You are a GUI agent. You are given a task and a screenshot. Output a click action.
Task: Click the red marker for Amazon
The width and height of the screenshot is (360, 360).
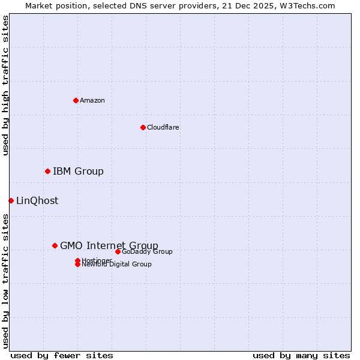coord(76,100)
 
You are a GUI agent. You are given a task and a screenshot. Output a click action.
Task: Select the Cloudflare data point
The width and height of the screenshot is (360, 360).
coord(143,127)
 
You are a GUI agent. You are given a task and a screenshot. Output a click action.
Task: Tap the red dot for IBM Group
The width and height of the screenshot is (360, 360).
coord(47,172)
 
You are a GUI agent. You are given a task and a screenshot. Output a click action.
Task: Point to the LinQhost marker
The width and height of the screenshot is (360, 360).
coord(11,200)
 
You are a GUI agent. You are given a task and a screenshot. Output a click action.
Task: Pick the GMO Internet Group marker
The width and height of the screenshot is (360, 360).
coord(55,245)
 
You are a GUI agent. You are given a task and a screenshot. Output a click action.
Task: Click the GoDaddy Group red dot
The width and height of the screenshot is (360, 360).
coord(118,251)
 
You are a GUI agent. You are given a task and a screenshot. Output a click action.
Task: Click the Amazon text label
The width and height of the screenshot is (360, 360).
coord(92,101)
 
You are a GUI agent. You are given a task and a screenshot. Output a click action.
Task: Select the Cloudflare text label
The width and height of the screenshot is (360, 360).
coord(163,128)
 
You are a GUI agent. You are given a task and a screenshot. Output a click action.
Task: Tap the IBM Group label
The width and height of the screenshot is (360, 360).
coord(78,172)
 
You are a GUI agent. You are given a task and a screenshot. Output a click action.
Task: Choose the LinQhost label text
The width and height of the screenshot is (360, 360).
coord(37,201)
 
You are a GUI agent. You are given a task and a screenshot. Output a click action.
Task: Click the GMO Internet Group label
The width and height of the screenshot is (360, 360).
coord(109,245)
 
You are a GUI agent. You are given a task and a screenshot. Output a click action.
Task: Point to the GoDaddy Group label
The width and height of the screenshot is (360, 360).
coord(147,252)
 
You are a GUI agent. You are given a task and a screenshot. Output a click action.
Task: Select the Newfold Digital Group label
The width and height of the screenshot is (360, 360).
coord(117,265)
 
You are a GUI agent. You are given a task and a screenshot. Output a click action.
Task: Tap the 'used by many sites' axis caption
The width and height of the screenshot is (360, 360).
coord(301,356)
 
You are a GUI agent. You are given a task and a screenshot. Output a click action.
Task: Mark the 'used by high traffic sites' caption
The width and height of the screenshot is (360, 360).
coord(6,85)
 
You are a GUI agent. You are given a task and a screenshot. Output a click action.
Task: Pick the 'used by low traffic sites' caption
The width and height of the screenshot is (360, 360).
coord(6,280)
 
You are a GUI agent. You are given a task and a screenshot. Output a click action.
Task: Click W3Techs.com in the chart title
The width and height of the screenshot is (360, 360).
coord(305,6)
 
